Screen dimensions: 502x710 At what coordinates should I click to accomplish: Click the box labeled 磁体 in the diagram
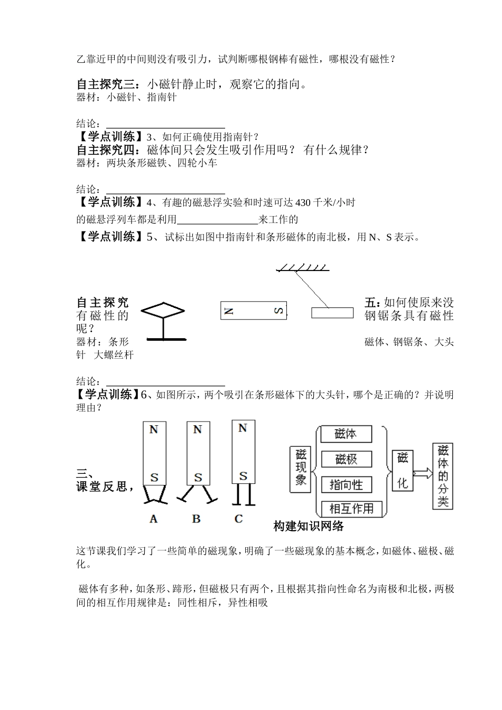(346, 434)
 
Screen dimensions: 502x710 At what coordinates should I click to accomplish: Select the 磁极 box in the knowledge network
(346, 459)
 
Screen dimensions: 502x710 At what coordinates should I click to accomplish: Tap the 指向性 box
(346, 484)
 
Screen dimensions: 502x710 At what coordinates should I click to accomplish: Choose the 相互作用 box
(351, 509)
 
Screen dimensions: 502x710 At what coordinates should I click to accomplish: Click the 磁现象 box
(301, 469)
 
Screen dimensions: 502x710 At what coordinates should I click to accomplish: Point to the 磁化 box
(402, 470)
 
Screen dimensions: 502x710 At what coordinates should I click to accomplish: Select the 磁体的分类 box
(443, 476)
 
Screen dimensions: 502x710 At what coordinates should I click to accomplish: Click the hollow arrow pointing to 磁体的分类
(422, 473)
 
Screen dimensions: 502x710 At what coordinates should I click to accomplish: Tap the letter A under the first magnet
(154, 519)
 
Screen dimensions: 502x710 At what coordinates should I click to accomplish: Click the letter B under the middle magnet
(197, 519)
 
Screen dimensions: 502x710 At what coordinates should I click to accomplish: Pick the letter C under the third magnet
(238, 519)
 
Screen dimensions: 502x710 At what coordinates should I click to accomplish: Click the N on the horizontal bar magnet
(228, 311)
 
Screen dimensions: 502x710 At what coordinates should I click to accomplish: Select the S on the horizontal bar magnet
(278, 311)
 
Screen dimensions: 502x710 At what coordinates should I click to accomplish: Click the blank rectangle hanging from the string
(332, 313)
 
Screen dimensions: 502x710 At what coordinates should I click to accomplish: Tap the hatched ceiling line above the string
(302, 268)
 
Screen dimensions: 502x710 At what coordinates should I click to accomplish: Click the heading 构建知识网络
(309, 526)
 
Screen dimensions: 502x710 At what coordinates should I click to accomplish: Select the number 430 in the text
(303, 203)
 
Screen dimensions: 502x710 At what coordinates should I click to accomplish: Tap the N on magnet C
(243, 428)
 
